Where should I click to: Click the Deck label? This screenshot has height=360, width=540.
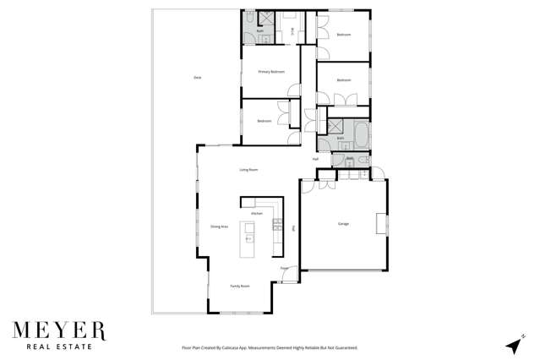pyautogui.click(x=197, y=78)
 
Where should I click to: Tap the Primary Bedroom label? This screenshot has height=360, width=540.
pyautogui.click(x=271, y=73)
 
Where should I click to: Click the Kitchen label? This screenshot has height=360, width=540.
pyautogui.click(x=257, y=214)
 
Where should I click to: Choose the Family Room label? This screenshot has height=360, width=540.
pyautogui.click(x=240, y=286)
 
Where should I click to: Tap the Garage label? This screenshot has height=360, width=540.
pyautogui.click(x=344, y=224)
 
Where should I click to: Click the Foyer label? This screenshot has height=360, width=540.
pyautogui.click(x=284, y=269)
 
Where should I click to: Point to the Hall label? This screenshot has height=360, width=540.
pyautogui.click(x=315, y=159)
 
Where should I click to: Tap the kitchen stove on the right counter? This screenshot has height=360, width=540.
pyautogui.click(x=276, y=224)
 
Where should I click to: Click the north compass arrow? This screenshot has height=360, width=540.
pyautogui.click(x=512, y=345)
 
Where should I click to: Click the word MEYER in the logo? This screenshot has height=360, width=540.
pyautogui.click(x=58, y=329)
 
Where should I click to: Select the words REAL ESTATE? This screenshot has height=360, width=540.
pyautogui.click(x=58, y=346)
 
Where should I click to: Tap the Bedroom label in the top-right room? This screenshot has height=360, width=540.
pyautogui.click(x=343, y=35)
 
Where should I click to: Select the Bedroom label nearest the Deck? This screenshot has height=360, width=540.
pyautogui.click(x=264, y=121)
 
